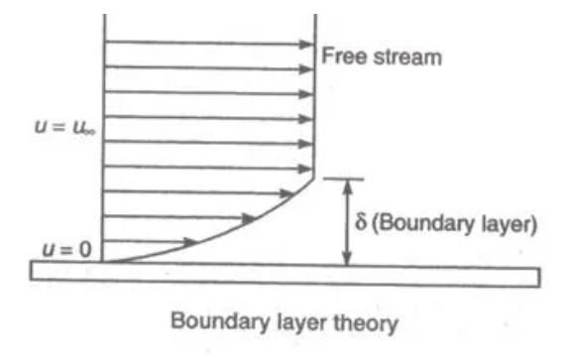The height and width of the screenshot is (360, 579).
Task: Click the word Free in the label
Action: pyautogui.click(x=339, y=57)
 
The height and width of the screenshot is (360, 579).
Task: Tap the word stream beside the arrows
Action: pyautogui.click(x=403, y=57)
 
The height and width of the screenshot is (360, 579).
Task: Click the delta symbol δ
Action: pyautogui.click(x=364, y=224)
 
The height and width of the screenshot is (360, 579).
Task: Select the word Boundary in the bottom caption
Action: pyautogui.click(x=213, y=323)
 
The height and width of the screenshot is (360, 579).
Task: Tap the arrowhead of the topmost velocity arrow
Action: pyautogui.click(x=307, y=44)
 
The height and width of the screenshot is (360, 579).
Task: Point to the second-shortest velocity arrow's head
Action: pyautogui.click(x=249, y=216)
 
